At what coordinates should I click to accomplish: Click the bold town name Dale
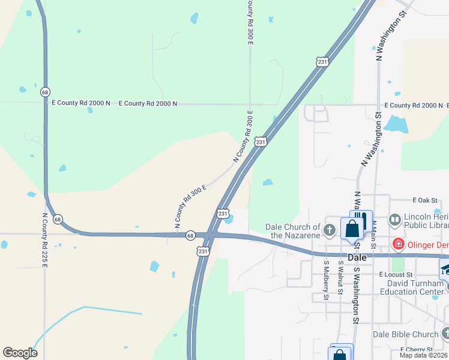pos(357,257)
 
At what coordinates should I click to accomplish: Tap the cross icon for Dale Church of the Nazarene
pos(330,230)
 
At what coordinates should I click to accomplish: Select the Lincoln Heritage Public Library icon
pos(395,220)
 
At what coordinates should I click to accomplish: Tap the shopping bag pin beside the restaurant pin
pos(352,228)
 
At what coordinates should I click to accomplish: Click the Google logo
pos(20,353)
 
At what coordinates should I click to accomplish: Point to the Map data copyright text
pos(424,355)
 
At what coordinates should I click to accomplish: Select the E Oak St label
pos(426,200)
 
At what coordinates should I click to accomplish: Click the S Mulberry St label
pos(327,280)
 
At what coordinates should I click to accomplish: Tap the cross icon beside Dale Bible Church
pos(445,334)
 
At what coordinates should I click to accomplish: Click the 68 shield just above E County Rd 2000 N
pos(45,92)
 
